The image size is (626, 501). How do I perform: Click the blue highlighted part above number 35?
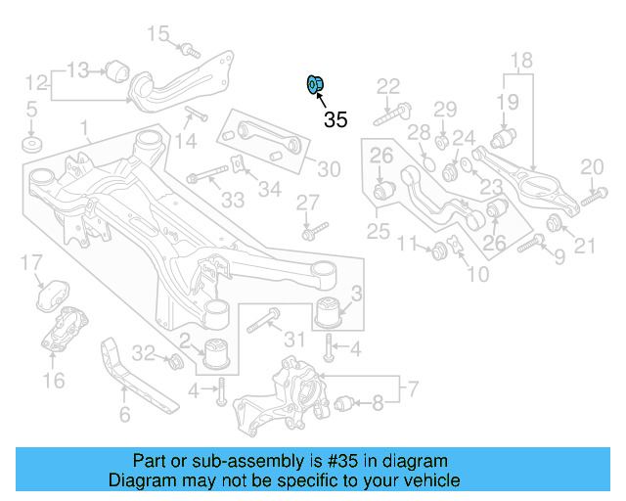tap(315, 85)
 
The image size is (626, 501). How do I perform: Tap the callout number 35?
tap(335, 120)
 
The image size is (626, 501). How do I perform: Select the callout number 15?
tap(157, 36)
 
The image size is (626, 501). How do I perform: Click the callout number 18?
tap(521, 61)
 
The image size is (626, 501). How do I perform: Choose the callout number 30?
tap(329, 169)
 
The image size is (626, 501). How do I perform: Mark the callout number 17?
tap(32, 261)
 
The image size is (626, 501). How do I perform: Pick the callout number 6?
tap(124, 416)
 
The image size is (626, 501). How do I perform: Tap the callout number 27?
tap(308, 203)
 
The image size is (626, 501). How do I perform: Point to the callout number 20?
tap(592, 167)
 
